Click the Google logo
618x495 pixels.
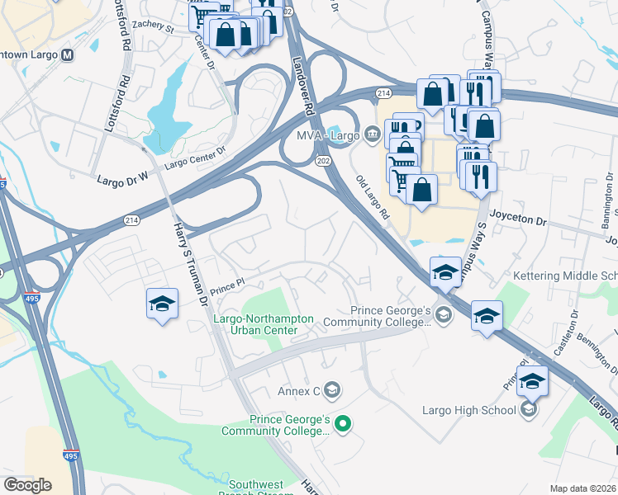(x=27, y=485)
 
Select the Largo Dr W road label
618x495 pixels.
(x=121, y=178)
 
